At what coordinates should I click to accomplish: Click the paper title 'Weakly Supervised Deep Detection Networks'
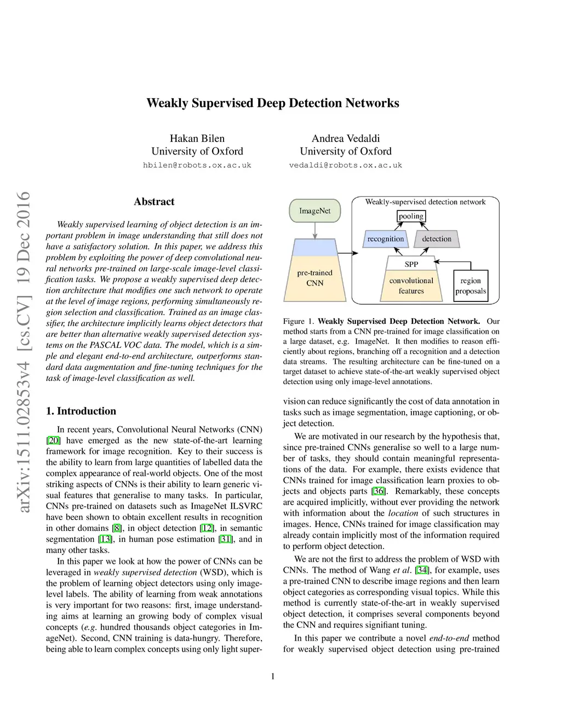pyautogui.click(x=272, y=103)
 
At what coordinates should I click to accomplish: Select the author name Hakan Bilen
pyautogui.click(x=197, y=138)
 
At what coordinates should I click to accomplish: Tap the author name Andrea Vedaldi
pyautogui.click(x=345, y=138)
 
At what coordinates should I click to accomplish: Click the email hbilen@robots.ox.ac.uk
pyautogui.click(x=197, y=165)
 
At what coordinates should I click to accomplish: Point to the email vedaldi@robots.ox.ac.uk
pyautogui.click(x=345, y=165)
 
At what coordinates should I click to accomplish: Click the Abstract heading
pyautogui.click(x=154, y=202)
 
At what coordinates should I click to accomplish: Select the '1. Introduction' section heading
pyautogui.click(x=81, y=411)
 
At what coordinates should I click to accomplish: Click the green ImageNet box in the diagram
pyautogui.click(x=314, y=211)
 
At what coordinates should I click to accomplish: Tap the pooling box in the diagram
pyautogui.click(x=411, y=216)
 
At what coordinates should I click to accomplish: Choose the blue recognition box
pyautogui.click(x=385, y=239)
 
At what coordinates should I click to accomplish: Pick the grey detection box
pyautogui.click(x=437, y=239)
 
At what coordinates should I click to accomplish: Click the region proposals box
pyautogui.click(x=471, y=285)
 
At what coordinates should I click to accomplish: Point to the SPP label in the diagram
pyautogui.click(x=411, y=264)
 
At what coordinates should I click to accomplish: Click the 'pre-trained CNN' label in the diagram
pyautogui.click(x=314, y=278)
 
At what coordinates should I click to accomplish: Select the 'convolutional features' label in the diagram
pyautogui.click(x=411, y=285)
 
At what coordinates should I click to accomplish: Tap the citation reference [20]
pyautogui.click(x=53, y=441)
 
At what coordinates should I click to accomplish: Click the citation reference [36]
pyautogui.click(x=378, y=491)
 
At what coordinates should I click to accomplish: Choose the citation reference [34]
pyautogui.click(x=422, y=570)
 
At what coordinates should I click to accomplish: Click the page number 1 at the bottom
pyautogui.click(x=273, y=676)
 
